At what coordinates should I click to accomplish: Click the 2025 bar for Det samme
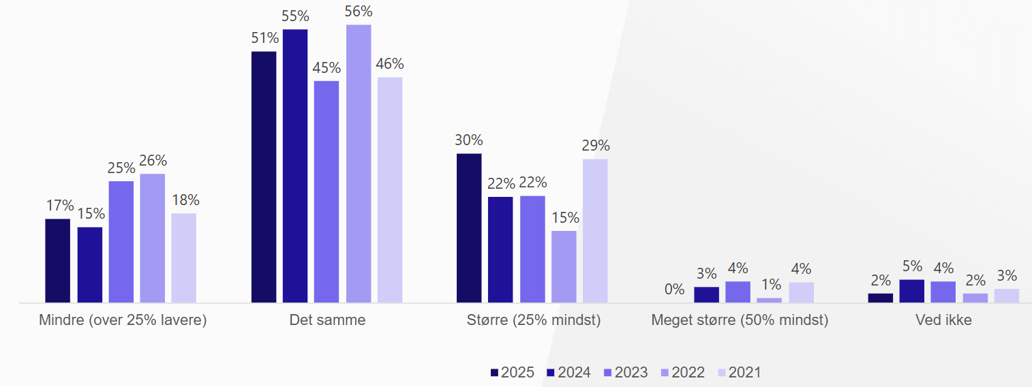click(264, 177)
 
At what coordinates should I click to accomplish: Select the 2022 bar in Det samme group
click(359, 164)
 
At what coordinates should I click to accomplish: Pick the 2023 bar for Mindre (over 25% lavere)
click(121, 241)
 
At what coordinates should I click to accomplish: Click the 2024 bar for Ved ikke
click(911, 291)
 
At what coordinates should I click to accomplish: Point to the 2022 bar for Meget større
click(770, 300)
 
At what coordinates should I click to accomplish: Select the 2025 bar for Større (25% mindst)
click(469, 228)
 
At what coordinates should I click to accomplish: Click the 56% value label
click(359, 12)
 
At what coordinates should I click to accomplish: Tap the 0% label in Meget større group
click(674, 290)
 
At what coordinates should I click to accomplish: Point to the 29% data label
click(595, 146)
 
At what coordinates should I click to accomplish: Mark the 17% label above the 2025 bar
click(59, 205)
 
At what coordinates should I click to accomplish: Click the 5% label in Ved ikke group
click(912, 266)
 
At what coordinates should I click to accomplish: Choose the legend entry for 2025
click(512, 373)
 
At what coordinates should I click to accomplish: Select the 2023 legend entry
click(626, 373)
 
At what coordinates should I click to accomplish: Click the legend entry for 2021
click(740, 373)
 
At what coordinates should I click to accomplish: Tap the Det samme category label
click(327, 320)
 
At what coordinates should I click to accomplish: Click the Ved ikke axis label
click(943, 320)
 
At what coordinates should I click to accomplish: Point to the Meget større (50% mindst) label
click(740, 320)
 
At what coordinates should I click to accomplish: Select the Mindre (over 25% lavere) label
click(123, 320)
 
